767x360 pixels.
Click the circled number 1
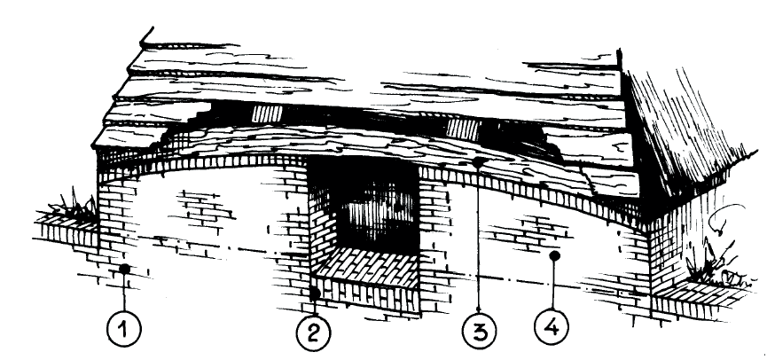tap(124, 329)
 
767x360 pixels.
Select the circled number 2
tap(313, 333)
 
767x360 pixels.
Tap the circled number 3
tap(480, 331)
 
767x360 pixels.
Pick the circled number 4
tap(552, 325)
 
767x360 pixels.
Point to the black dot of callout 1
tap(125, 269)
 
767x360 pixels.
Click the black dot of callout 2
tap(315, 293)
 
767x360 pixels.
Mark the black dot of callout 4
tap(554, 255)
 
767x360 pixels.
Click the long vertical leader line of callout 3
tap(479, 239)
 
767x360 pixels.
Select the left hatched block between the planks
tap(268, 114)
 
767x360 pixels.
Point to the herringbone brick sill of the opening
tap(367, 268)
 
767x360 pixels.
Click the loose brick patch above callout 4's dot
tap(528, 232)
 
